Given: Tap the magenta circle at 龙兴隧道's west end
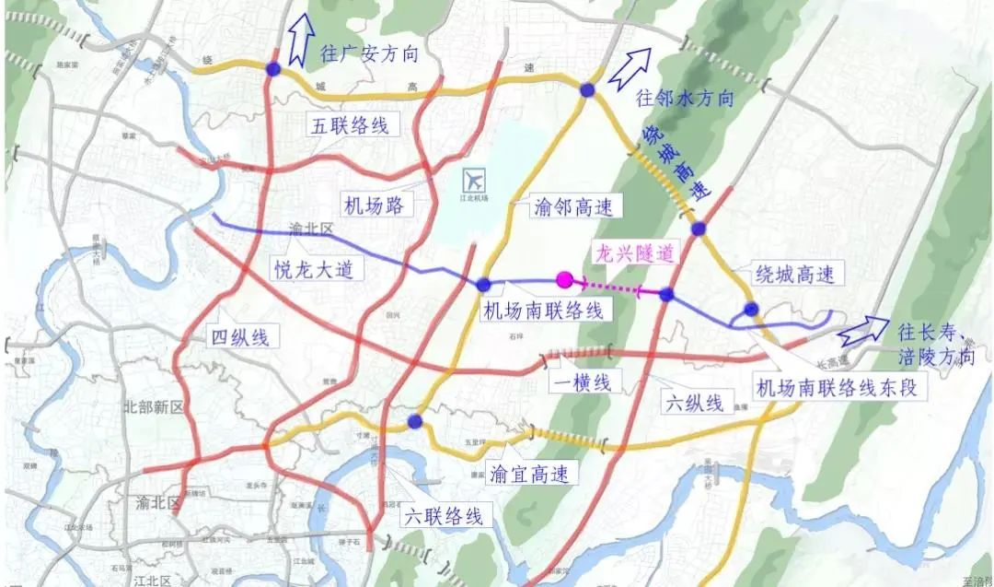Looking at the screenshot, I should click(x=565, y=280).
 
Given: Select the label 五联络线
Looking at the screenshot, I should click(x=351, y=125).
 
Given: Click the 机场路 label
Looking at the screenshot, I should click(x=373, y=205).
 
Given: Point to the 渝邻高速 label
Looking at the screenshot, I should click(x=566, y=206).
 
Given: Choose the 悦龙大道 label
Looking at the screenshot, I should click(x=306, y=269).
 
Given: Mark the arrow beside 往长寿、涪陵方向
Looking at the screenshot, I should click(x=858, y=330).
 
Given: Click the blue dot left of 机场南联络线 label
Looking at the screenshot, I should click(x=483, y=285).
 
